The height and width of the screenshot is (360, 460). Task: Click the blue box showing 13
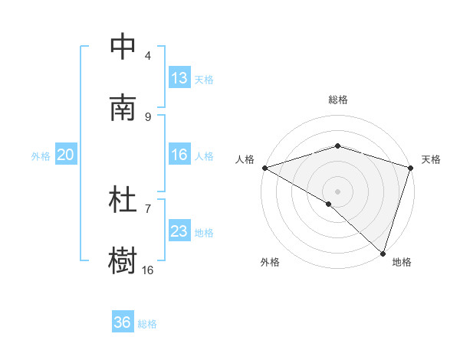[x=179, y=78]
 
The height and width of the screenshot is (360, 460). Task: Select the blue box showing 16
[x=179, y=155]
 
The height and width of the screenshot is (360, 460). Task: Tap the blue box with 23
[x=179, y=231]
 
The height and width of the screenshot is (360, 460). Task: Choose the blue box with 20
[x=66, y=155]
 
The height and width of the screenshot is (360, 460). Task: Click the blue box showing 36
[x=123, y=322]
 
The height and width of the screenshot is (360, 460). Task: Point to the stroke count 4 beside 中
[x=148, y=55]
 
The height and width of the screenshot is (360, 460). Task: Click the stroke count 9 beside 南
[x=148, y=116]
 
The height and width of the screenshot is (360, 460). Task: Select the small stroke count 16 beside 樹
[x=148, y=270]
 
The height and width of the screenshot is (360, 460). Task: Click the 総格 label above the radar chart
[x=337, y=100]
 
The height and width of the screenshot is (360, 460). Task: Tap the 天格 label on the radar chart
[x=432, y=159]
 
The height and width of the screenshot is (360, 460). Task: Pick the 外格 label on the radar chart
[x=270, y=262]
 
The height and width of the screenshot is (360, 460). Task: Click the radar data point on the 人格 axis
[x=264, y=168]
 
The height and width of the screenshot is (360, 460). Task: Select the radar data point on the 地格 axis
[x=383, y=253]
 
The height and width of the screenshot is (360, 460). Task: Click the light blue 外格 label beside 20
[x=41, y=155]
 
